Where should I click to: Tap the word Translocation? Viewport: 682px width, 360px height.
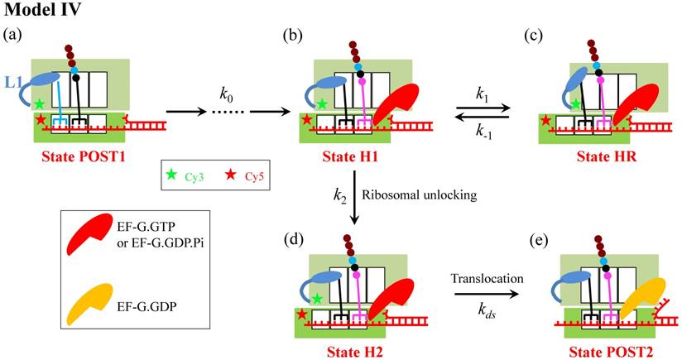click(x=486, y=280)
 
